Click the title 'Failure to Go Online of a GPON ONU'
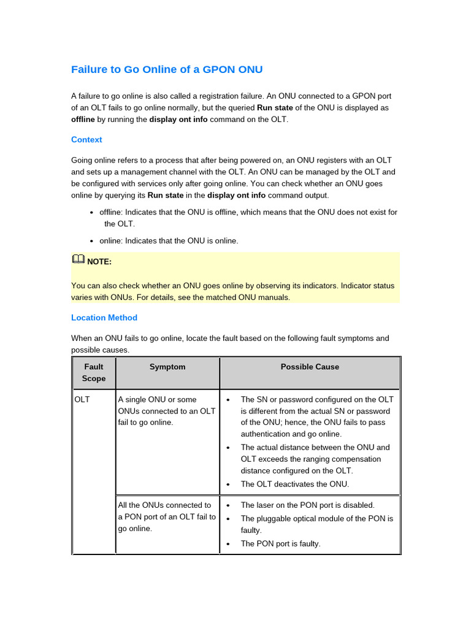[167, 69]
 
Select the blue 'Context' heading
[86, 140]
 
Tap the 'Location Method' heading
[104, 318]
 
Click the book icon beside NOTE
[78, 260]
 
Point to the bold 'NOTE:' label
[99, 262]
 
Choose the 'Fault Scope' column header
[94, 373]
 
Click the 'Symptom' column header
[167, 367]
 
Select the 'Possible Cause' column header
[310, 367]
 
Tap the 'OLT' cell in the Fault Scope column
[82, 399]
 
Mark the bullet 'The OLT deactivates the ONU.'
[294, 484]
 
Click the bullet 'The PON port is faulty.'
[280, 543]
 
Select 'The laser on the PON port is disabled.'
[307, 505]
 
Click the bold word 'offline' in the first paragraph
[83, 119]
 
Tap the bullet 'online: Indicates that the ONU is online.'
[169, 240]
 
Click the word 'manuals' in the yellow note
[274, 297]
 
